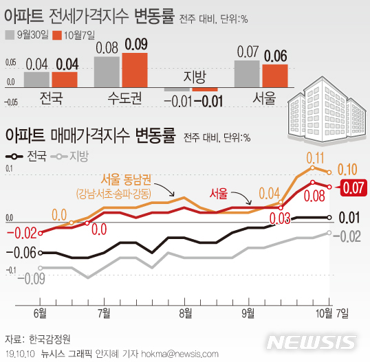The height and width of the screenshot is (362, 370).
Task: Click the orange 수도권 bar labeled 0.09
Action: (135, 70)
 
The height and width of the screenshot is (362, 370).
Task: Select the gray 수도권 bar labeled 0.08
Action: (107, 72)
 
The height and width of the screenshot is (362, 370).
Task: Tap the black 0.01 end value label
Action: (351, 218)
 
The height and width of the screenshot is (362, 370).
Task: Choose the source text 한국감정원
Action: (51, 339)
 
